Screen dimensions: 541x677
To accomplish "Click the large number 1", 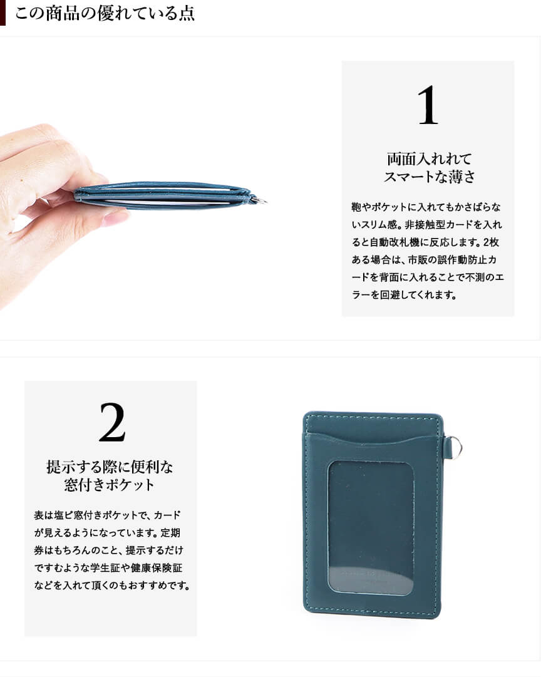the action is [x=428, y=105].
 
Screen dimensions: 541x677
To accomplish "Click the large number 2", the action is [x=112, y=422].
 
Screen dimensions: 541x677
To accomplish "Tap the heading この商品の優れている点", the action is [x=105, y=13].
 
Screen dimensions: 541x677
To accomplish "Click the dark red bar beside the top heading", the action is [x=3, y=13].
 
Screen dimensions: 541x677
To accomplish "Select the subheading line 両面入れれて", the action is [x=429, y=159].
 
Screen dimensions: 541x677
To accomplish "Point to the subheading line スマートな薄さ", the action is [x=430, y=177].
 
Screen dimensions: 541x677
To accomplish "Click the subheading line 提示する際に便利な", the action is [x=110, y=467].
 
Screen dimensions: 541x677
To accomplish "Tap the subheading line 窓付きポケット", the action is [x=110, y=485].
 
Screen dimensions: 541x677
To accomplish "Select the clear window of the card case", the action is [x=371, y=527].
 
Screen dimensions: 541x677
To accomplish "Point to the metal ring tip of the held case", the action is [x=260, y=200].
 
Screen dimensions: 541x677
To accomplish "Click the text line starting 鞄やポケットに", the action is [x=426, y=207].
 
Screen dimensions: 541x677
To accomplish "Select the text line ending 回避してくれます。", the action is [x=404, y=295].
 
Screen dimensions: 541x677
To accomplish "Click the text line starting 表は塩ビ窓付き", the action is [x=108, y=515].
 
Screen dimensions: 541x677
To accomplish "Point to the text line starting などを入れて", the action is [x=112, y=586].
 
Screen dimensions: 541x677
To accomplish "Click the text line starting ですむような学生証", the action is [x=108, y=568].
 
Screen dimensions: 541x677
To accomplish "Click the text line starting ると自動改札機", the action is [x=425, y=242].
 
